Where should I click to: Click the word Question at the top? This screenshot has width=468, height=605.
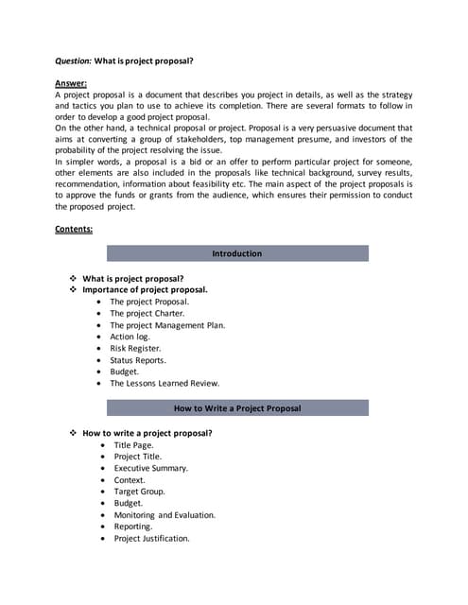pos(73,60)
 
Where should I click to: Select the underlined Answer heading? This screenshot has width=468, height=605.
pos(71,84)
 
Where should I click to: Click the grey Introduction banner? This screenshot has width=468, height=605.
pos(236,253)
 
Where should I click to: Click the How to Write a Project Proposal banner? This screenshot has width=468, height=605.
pos(236,408)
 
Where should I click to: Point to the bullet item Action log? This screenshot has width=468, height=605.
pos(130,337)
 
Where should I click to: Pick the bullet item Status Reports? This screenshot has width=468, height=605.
pos(138,360)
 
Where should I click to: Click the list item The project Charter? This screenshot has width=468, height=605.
pos(147,313)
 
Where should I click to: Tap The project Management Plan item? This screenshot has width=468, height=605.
pos(166,325)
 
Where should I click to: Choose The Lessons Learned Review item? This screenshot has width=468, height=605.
pos(164,384)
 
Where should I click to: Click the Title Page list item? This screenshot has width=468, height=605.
pos(133,444)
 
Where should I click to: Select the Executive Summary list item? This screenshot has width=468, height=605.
pos(150,468)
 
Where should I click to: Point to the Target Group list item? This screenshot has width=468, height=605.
pos(139,492)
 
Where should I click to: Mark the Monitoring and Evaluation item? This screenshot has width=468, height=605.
pos(165,515)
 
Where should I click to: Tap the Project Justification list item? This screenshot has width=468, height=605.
pos(151,539)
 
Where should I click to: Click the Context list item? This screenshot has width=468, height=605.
pos(130,480)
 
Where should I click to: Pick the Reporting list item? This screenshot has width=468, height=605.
pos(133,527)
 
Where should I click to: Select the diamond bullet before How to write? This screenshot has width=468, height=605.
pos(73,433)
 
